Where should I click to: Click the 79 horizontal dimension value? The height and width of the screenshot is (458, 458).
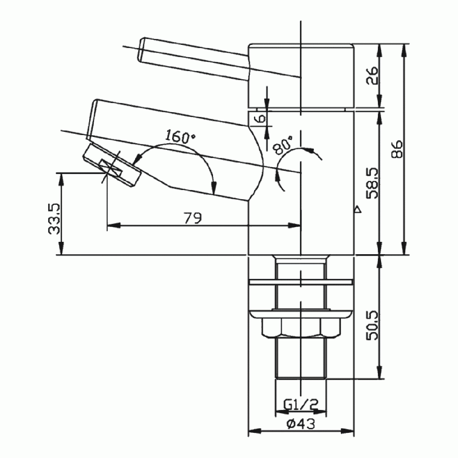coord(193,218)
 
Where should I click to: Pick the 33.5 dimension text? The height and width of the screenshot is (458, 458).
coord(55,219)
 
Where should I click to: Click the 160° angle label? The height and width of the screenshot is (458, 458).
coord(180,137)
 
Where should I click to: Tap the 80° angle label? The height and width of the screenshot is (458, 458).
coord(283,145)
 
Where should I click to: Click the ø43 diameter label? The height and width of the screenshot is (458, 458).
coord(300,425)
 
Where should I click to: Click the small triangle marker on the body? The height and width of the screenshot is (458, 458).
coord(358,210)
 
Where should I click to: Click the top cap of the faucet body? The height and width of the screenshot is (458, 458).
coord(301,76)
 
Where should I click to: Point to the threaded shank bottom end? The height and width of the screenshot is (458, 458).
coord(300,376)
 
